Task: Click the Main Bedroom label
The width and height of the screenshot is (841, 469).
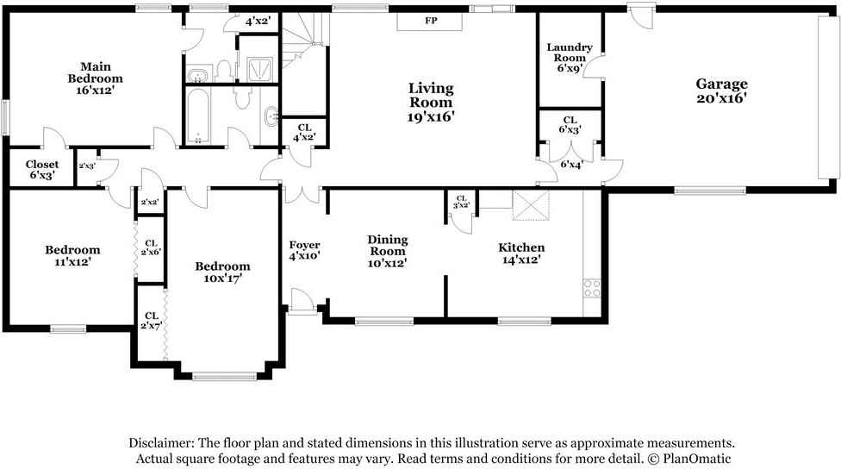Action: point(96,78)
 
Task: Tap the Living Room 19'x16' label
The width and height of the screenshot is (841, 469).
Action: point(431,102)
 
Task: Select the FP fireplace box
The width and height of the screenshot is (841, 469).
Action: point(430,22)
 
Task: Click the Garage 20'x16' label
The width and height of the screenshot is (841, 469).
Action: point(721,91)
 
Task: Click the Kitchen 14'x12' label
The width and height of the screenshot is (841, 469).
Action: point(521,253)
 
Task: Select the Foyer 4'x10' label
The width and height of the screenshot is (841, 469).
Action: point(305,250)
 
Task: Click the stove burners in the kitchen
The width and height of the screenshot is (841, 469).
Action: point(592,288)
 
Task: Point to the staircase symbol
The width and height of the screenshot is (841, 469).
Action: point(301,41)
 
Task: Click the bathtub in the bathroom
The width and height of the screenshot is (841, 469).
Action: point(198,116)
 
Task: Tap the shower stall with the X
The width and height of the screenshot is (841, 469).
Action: point(260,69)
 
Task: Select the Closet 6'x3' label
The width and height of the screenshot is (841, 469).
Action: point(42,170)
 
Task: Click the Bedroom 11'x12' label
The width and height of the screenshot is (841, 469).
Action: point(72,255)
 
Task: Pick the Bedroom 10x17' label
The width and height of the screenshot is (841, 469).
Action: point(222,272)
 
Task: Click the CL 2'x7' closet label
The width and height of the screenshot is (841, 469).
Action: point(152,321)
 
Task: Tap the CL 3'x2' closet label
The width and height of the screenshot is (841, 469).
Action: point(461,202)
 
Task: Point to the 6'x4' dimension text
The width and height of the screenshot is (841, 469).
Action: point(571,164)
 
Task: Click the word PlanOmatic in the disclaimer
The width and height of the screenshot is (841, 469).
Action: point(697,459)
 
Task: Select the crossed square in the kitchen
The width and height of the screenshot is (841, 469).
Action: point(531,205)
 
